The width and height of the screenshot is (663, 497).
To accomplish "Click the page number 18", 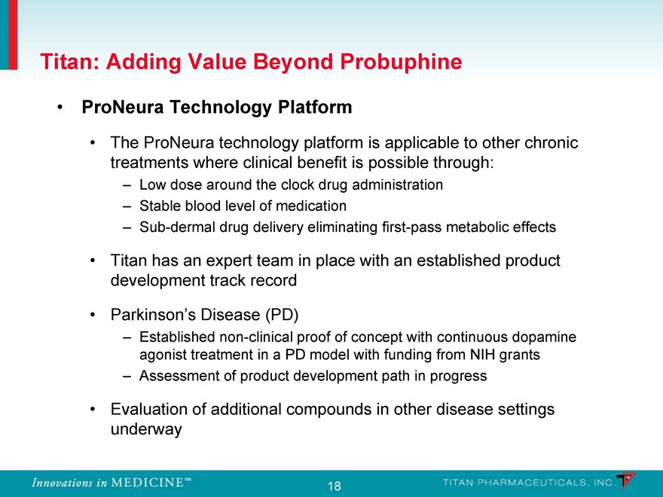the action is point(334,486).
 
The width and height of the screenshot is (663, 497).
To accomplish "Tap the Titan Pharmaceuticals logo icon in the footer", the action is point(626,481).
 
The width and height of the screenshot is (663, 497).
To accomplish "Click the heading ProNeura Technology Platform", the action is point(217,107).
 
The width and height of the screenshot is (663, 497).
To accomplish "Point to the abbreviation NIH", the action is point(482,354).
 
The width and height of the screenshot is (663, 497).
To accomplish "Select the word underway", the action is point(146,429).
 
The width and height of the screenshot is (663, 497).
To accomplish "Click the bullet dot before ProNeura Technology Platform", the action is point(60,108).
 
